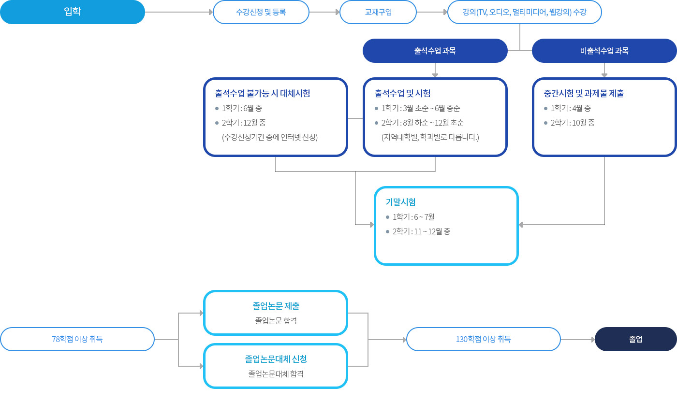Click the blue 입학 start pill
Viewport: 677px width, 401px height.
(73, 12)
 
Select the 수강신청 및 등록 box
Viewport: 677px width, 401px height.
(261, 12)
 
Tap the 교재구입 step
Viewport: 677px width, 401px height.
(378, 12)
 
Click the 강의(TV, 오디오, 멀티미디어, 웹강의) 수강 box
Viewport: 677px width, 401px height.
(524, 12)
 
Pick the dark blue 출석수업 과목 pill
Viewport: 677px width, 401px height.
(435, 51)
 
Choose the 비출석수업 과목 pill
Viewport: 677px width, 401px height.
(604, 51)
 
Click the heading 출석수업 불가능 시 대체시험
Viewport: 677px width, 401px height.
(263, 93)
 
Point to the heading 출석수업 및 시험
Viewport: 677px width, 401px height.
(402, 93)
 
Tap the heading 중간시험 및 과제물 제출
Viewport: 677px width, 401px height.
(584, 93)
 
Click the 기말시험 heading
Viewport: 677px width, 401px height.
(401, 202)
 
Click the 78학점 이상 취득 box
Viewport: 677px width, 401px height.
(77, 339)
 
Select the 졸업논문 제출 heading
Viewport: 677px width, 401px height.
(276, 306)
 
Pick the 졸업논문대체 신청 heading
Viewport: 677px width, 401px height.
(276, 359)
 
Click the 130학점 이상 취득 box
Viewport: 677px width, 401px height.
(483, 339)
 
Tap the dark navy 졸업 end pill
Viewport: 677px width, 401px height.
(635, 339)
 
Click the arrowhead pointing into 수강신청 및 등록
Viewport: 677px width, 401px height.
(211, 12)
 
